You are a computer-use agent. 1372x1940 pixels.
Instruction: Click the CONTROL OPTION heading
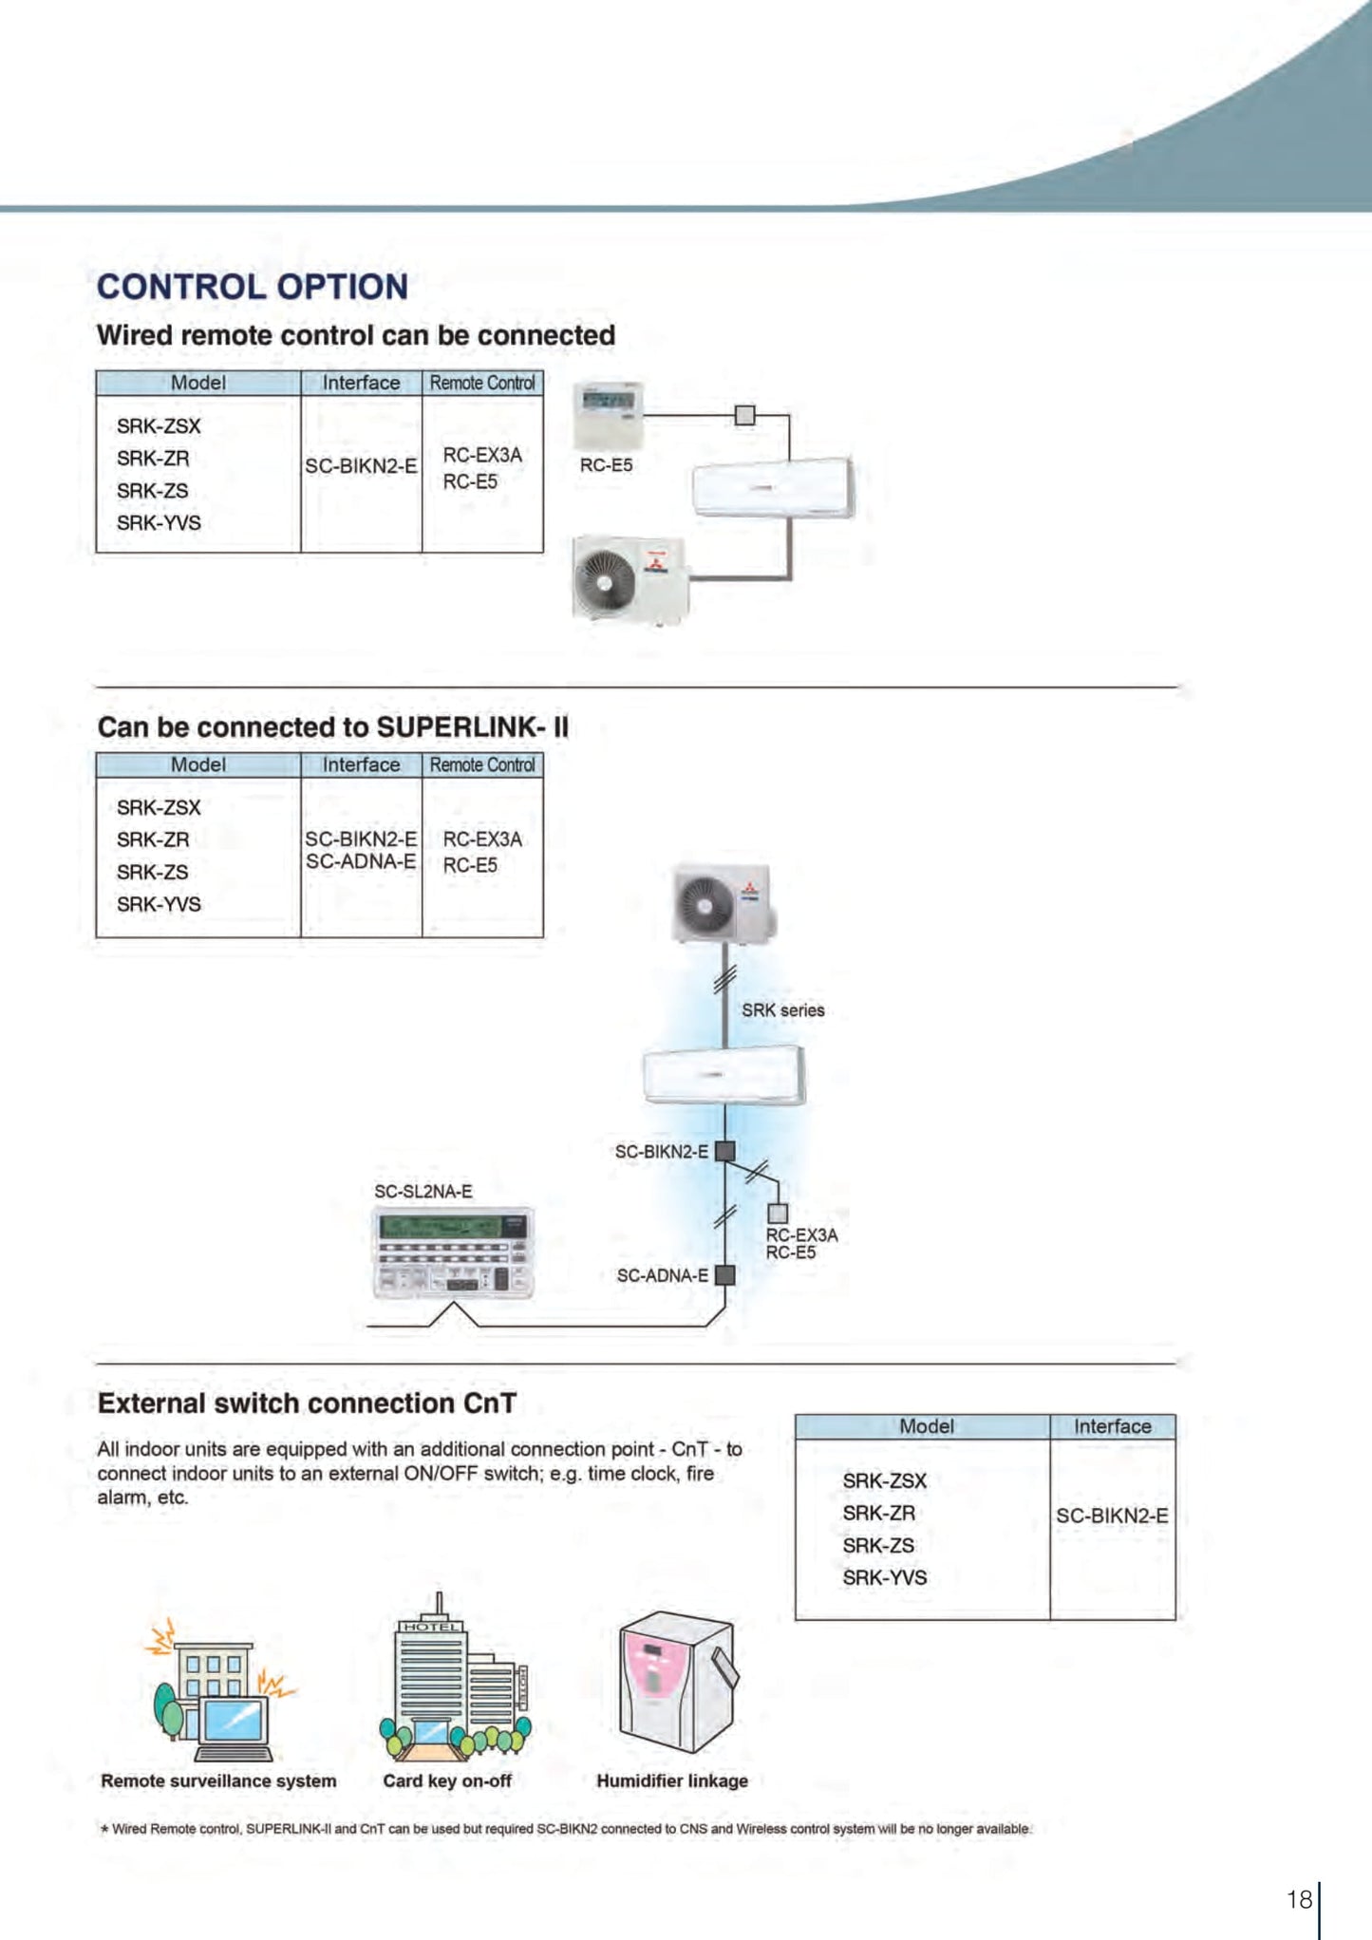point(253,287)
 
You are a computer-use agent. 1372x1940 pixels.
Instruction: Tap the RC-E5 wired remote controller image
point(608,414)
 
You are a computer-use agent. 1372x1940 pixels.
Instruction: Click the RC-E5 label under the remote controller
point(606,465)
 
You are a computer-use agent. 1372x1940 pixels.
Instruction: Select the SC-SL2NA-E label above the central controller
point(423,1192)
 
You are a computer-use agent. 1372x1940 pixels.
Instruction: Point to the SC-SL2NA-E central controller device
point(453,1253)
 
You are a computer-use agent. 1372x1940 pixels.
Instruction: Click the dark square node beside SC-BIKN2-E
point(725,1151)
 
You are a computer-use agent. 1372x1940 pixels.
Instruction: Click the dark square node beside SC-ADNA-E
point(725,1275)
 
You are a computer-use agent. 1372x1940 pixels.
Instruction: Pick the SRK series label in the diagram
point(782,1010)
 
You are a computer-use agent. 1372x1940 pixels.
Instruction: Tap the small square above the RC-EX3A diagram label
point(778,1213)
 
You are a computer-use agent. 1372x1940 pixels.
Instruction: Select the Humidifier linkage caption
point(672,1781)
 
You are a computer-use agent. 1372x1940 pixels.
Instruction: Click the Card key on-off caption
point(447,1781)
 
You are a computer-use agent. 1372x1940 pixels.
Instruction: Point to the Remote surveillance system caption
point(218,1781)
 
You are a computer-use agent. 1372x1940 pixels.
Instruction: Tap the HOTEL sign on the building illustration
point(431,1627)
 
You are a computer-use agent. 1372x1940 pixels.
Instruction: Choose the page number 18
point(1299,1899)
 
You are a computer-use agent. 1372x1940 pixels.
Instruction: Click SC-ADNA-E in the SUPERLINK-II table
point(361,861)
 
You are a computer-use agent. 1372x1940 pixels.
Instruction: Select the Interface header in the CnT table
point(1112,1426)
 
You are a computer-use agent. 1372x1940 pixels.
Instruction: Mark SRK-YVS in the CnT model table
point(884,1577)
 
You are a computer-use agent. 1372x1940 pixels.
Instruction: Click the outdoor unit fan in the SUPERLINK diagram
point(704,903)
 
